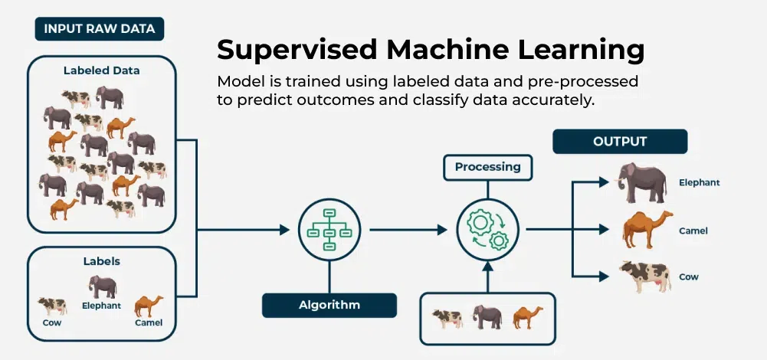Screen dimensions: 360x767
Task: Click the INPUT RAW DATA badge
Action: (100, 30)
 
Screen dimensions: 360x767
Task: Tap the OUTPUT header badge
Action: (620, 142)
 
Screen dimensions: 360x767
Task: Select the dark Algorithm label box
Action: (329, 305)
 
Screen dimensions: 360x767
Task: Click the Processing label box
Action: (487, 167)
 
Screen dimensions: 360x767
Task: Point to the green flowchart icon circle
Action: (329, 229)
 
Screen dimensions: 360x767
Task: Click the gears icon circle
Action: (487, 229)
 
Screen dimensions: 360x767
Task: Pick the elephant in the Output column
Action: (642, 183)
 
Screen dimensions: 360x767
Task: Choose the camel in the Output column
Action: (647, 230)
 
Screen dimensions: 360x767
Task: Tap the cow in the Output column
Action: (645, 276)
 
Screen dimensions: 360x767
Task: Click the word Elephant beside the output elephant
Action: (699, 183)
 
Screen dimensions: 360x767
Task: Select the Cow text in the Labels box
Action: (52, 322)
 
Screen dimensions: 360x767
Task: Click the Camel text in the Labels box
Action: (149, 322)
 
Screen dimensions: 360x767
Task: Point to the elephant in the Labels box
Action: (102, 286)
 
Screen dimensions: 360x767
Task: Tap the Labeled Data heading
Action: (102, 70)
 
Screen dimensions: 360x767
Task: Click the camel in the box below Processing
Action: (527, 317)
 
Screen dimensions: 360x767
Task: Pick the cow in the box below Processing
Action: (447, 318)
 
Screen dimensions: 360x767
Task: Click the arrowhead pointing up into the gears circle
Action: (487, 266)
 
